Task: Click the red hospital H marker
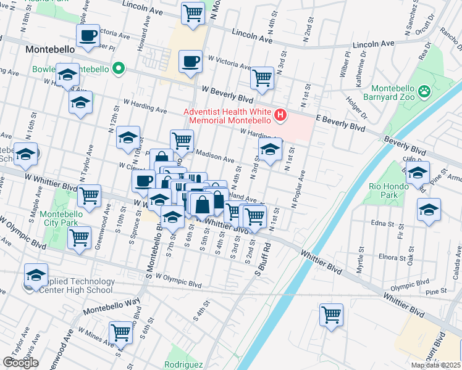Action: (281, 115)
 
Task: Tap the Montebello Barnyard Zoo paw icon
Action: (424, 92)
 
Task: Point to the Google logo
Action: (20, 363)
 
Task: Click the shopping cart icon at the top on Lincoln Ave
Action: (193, 13)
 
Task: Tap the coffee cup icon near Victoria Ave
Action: (88, 35)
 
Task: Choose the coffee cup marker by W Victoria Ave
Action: (190, 62)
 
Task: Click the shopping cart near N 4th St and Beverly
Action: (262, 78)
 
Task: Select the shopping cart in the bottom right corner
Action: (332, 315)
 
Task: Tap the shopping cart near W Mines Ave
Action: (120, 334)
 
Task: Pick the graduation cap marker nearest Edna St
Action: (429, 210)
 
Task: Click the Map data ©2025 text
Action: (435, 365)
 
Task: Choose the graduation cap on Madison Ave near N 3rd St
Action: (270, 150)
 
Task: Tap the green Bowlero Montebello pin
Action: (115, 68)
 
